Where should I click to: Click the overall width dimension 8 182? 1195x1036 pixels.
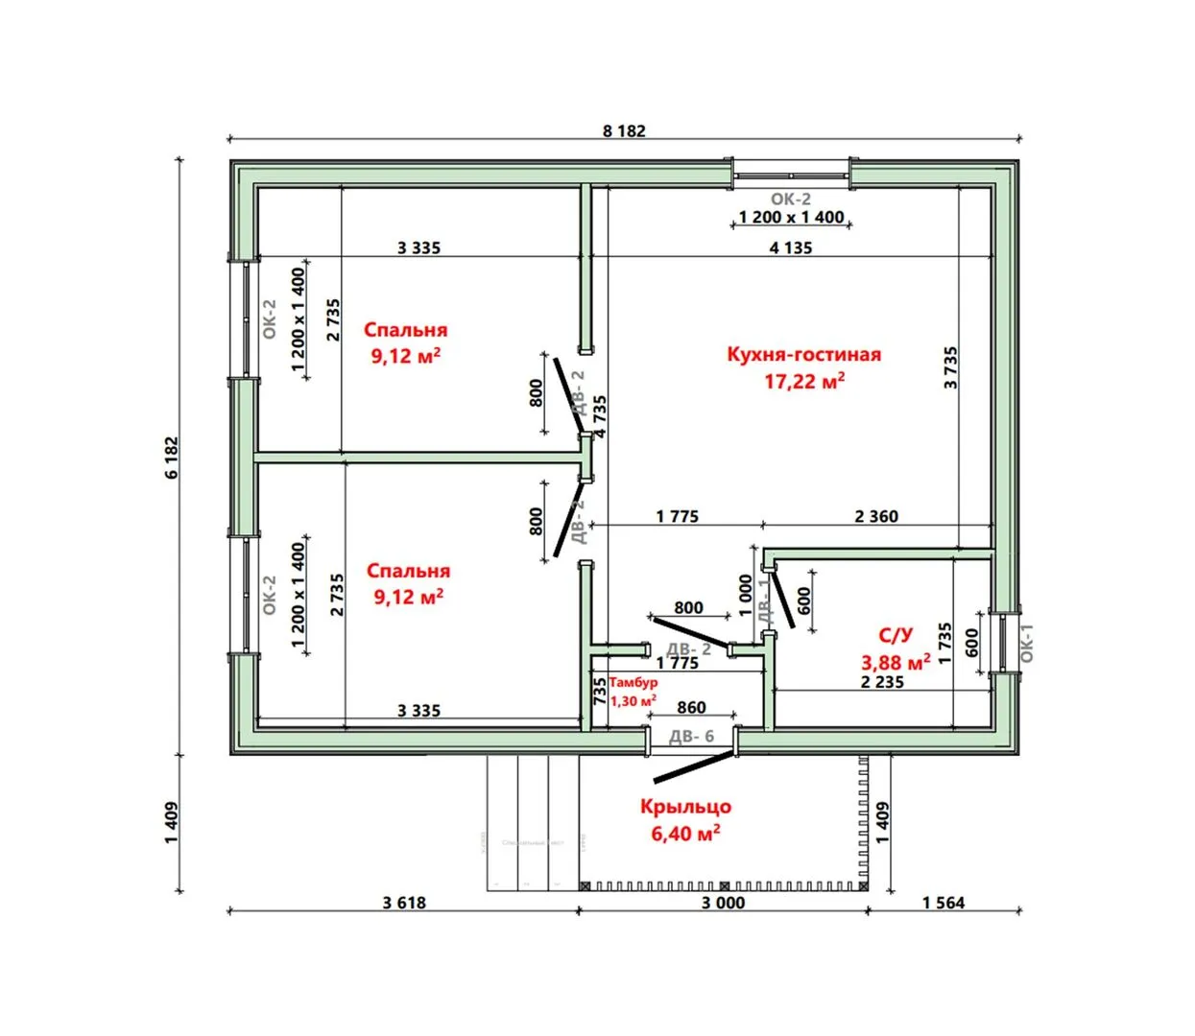(624, 130)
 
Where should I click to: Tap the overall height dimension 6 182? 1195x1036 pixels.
(172, 458)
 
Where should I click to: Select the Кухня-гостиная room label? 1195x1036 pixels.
(803, 354)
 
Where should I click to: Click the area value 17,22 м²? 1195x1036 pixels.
(804, 381)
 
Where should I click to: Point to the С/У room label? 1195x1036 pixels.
(896, 635)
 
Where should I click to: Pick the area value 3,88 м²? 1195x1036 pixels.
(896, 662)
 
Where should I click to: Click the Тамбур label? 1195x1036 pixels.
(633, 682)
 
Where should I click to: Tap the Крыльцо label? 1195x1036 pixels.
(685, 807)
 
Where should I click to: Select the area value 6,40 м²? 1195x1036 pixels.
(685, 834)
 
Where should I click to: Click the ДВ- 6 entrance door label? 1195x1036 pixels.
(691, 737)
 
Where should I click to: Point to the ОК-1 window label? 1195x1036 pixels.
(1026, 643)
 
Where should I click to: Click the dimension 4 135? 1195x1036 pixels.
(791, 247)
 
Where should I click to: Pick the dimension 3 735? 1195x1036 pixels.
(950, 367)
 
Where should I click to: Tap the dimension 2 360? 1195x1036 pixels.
(876, 516)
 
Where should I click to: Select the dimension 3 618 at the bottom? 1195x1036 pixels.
(404, 903)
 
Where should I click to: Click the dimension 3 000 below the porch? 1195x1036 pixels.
(723, 903)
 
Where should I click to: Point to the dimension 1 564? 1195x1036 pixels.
(944, 903)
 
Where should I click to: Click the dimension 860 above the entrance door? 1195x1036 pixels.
(691, 708)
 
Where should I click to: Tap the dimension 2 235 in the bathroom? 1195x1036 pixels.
(882, 682)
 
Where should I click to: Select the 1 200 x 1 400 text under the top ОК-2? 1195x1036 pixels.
(791, 217)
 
